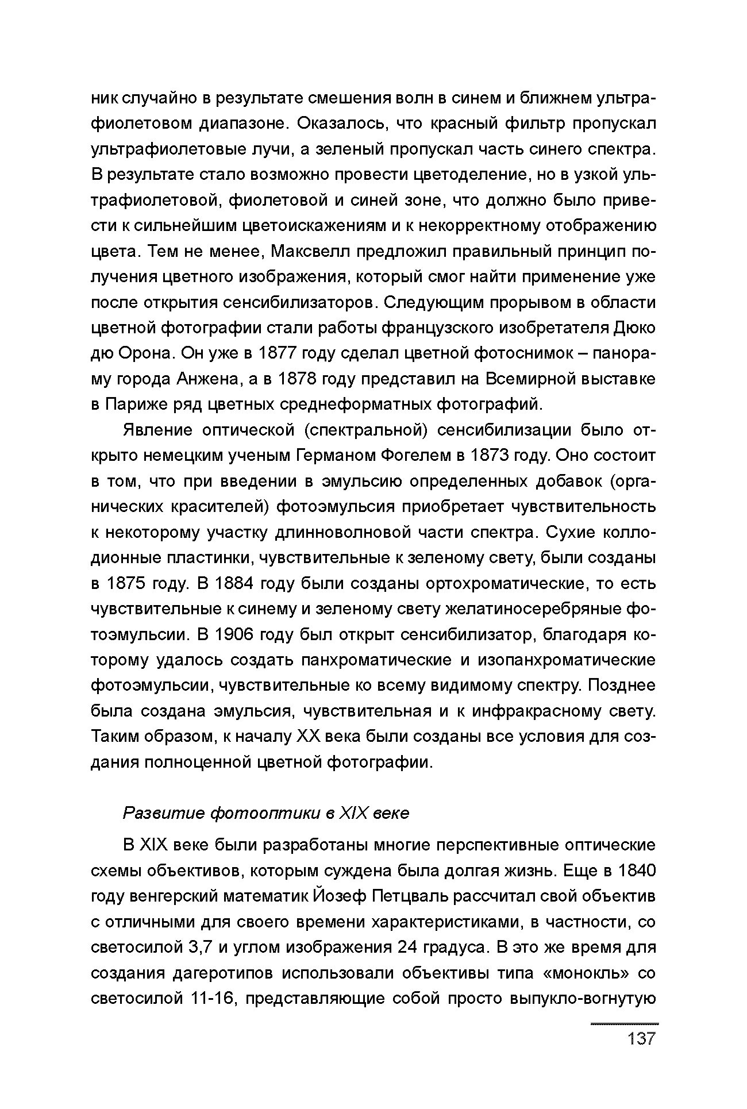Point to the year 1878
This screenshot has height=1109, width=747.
(x=298, y=379)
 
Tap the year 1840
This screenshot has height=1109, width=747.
(x=637, y=871)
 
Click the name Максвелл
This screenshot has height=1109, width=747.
(x=310, y=252)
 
